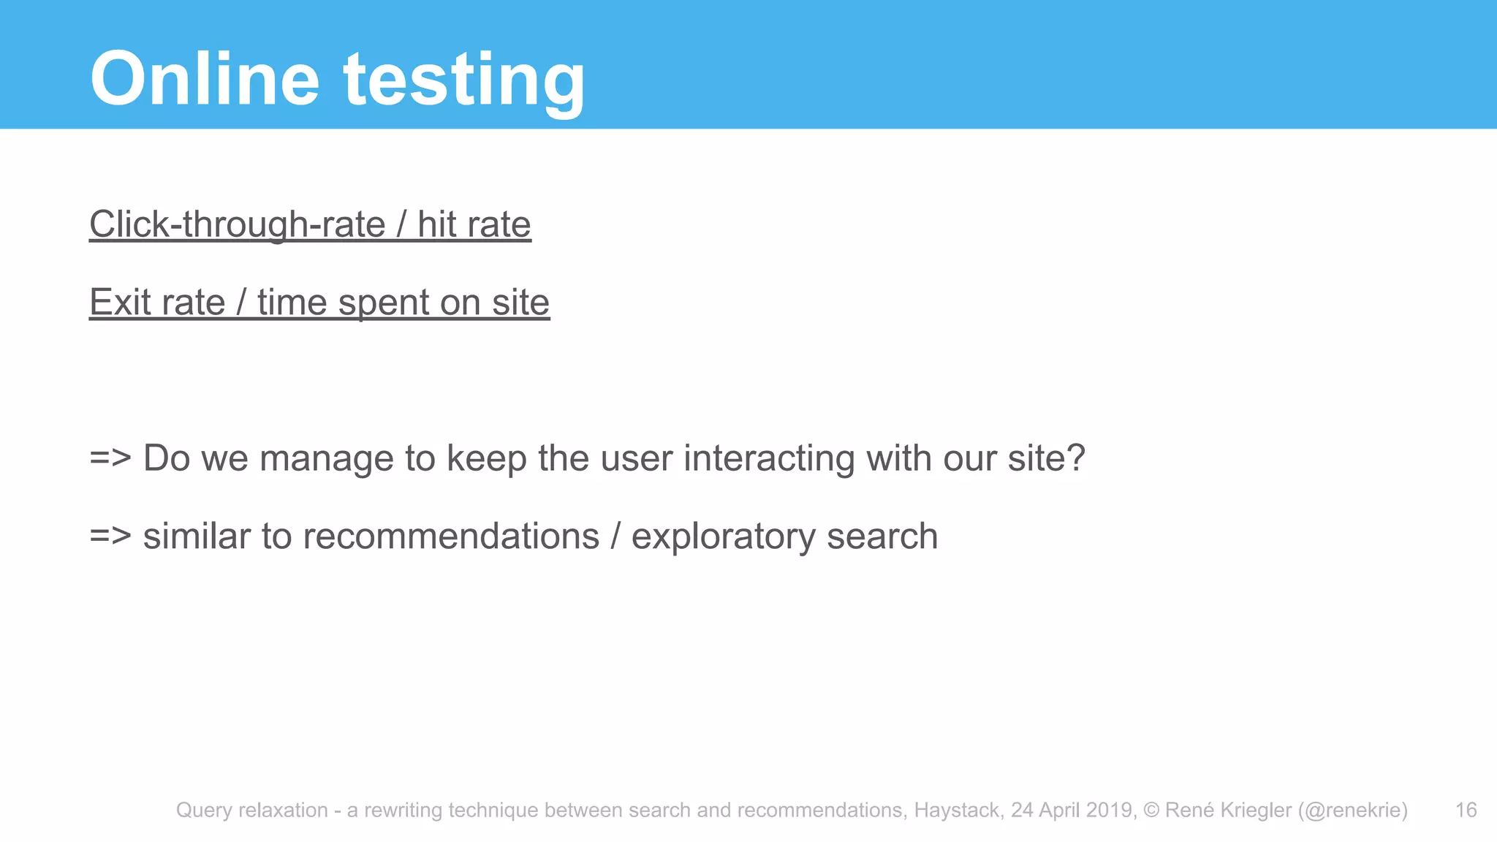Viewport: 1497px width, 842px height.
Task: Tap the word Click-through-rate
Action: [237, 224]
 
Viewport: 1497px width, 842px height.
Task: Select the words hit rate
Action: [474, 224]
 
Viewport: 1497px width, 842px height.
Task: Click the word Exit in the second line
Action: [120, 303]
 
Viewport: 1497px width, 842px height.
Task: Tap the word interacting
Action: [769, 459]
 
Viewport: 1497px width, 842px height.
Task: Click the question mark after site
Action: [1076, 459]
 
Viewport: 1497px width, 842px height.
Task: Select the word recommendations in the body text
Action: [451, 536]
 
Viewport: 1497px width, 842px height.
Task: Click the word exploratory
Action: [723, 536]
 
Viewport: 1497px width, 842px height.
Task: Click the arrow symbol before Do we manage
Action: [110, 459]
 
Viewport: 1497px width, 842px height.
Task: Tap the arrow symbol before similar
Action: [110, 536]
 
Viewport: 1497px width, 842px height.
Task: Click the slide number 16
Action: [1466, 810]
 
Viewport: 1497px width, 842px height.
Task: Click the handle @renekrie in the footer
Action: [1352, 810]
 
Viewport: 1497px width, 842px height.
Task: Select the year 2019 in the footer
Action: [1110, 810]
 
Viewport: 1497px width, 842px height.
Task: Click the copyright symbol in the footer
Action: [1151, 810]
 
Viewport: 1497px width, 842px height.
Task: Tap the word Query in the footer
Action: [204, 810]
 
